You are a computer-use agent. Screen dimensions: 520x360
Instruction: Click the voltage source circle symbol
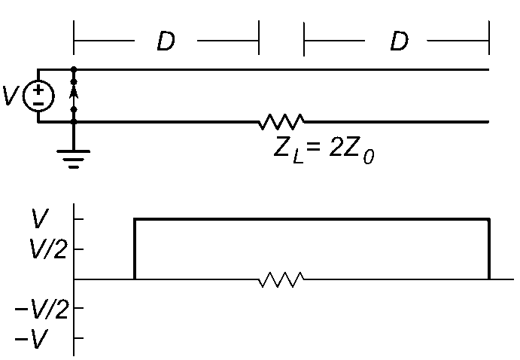[38, 96]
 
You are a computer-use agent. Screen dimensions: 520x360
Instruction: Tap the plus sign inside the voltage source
[38, 90]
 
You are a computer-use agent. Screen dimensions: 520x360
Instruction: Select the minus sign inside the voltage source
[38, 104]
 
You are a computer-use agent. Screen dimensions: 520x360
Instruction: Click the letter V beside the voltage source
[10, 96]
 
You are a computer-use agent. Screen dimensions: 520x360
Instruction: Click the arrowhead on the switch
[74, 92]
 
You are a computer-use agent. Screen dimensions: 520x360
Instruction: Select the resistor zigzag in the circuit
[281, 122]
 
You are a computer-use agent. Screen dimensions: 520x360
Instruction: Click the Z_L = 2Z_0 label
[324, 152]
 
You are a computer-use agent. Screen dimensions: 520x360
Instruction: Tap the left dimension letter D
[166, 41]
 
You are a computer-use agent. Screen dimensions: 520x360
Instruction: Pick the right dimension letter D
[400, 41]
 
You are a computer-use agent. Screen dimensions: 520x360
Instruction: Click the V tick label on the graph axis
[39, 218]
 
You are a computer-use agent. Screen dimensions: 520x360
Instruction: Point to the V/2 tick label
[48, 249]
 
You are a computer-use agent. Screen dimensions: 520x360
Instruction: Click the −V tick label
[32, 339]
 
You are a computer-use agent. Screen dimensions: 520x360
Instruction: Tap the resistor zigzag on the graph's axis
[281, 279]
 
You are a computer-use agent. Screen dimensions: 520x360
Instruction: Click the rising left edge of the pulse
[134, 249]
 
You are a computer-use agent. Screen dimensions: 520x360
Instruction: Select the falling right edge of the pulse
[489, 249]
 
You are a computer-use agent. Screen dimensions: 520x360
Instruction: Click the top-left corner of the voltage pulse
[134, 218]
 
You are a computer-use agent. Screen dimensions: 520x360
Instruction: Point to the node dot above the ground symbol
[74, 122]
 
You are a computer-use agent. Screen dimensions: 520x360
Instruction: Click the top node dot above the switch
[74, 69]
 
